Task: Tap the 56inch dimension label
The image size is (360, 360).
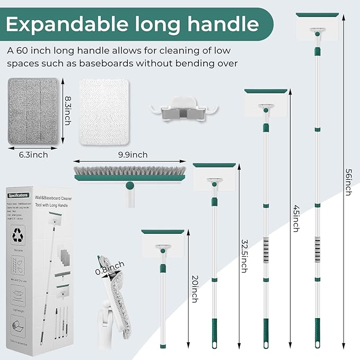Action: click(x=348, y=182)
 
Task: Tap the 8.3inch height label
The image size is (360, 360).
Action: click(x=67, y=110)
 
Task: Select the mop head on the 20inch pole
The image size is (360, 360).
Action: click(x=163, y=242)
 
